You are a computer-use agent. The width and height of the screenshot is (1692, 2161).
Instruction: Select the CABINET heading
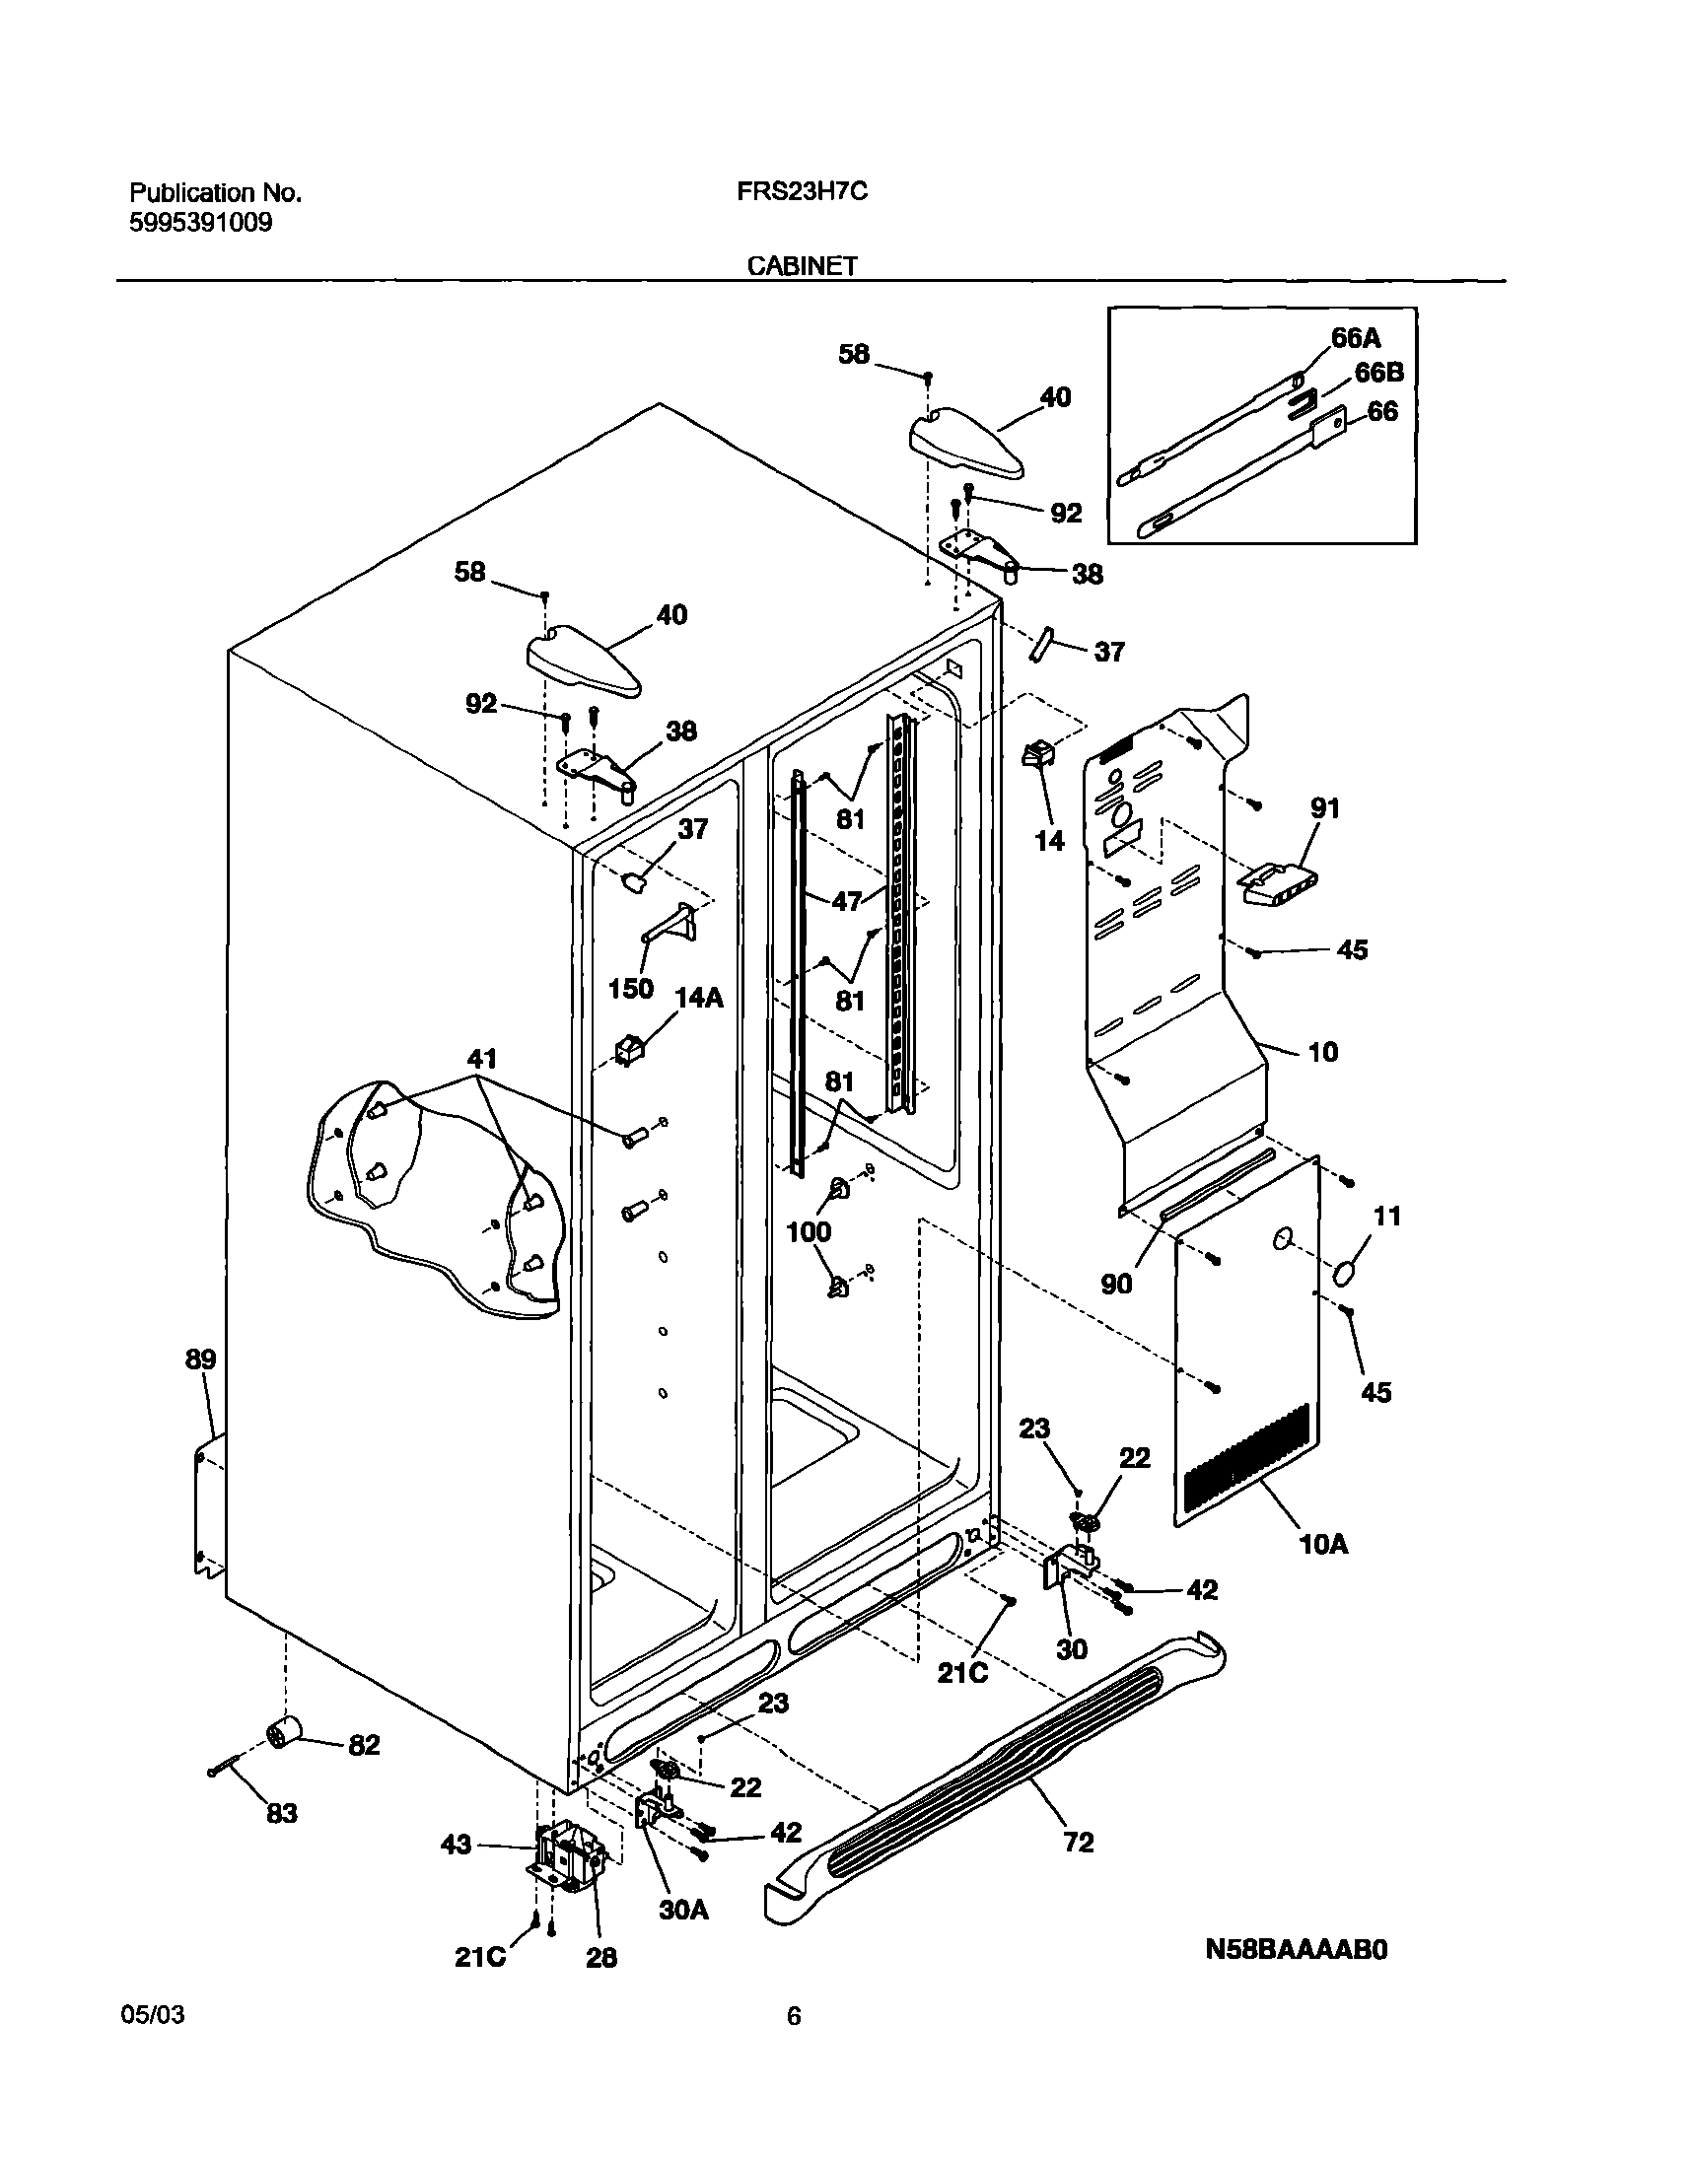click(802, 265)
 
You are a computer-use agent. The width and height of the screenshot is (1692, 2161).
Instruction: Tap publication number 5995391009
click(201, 223)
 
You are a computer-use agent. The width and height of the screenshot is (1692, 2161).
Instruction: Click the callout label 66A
click(1355, 338)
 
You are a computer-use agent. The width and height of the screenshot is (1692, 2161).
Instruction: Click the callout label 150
click(630, 988)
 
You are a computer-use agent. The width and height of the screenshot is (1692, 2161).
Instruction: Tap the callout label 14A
click(698, 998)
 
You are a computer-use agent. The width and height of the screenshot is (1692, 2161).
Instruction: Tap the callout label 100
click(809, 1232)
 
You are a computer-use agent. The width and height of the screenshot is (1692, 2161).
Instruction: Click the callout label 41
click(481, 1059)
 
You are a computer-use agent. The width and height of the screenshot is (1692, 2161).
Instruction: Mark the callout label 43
click(456, 1846)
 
